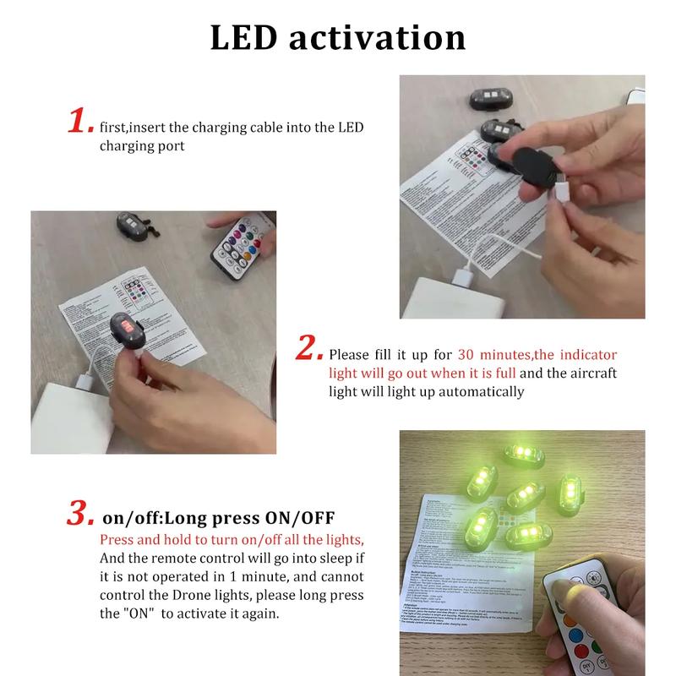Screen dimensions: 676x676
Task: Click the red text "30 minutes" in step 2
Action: (x=490, y=355)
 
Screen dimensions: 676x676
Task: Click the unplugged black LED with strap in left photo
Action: (x=135, y=226)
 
